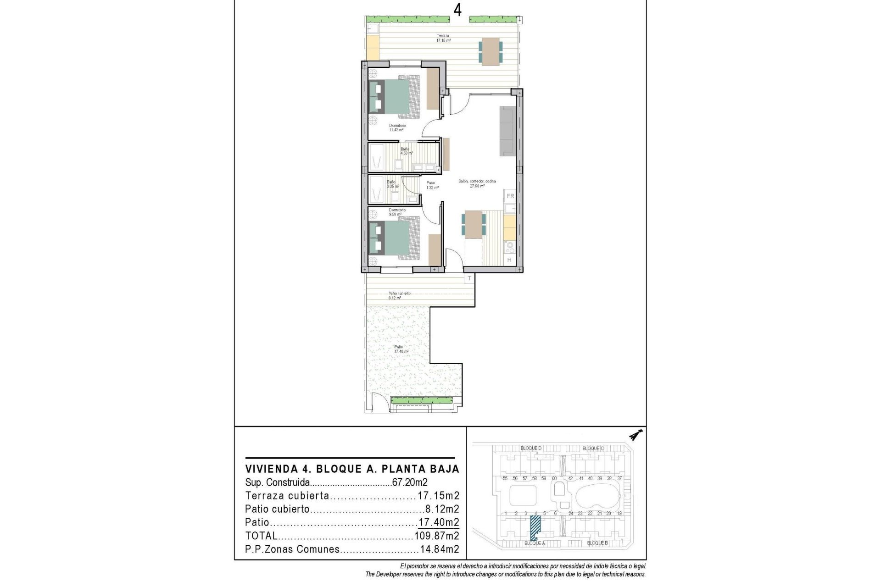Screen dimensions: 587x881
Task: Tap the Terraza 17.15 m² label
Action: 443,38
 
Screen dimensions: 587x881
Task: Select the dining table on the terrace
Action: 491,51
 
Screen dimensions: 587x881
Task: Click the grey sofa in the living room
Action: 508,131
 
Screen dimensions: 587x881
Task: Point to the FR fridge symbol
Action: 510,196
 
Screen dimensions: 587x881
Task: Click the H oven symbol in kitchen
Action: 509,260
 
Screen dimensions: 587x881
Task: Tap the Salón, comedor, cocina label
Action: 477,183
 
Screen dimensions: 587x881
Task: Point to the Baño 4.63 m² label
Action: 406,151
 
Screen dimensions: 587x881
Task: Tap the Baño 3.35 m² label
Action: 392,184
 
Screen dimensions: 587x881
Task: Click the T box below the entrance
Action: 469,278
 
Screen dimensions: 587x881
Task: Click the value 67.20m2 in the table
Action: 410,482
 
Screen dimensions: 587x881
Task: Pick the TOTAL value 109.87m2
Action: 436,536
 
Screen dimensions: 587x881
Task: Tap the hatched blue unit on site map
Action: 535,527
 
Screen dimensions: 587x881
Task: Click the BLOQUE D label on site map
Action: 531,448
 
